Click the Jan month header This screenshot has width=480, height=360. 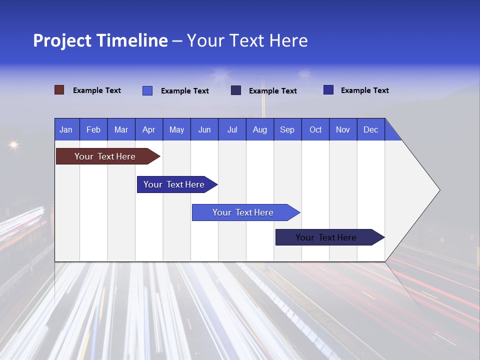click(66, 129)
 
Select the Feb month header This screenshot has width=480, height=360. click(93, 129)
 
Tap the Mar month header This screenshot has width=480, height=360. click(121, 129)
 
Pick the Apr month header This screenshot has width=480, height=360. click(148, 129)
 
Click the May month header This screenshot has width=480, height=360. click(176, 129)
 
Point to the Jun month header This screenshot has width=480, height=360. click(204, 129)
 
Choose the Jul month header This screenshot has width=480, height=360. click(232, 129)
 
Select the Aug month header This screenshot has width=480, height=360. click(259, 129)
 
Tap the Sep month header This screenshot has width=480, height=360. click(287, 129)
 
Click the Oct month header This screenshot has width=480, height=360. click(315, 129)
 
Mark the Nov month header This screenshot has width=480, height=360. click(343, 129)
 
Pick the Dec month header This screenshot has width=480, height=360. click(370, 129)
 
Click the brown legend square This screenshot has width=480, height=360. click(59, 90)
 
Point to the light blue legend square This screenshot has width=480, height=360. click(147, 90)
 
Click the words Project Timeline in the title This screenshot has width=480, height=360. click(100, 40)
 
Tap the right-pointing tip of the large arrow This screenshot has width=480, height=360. click(438, 190)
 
